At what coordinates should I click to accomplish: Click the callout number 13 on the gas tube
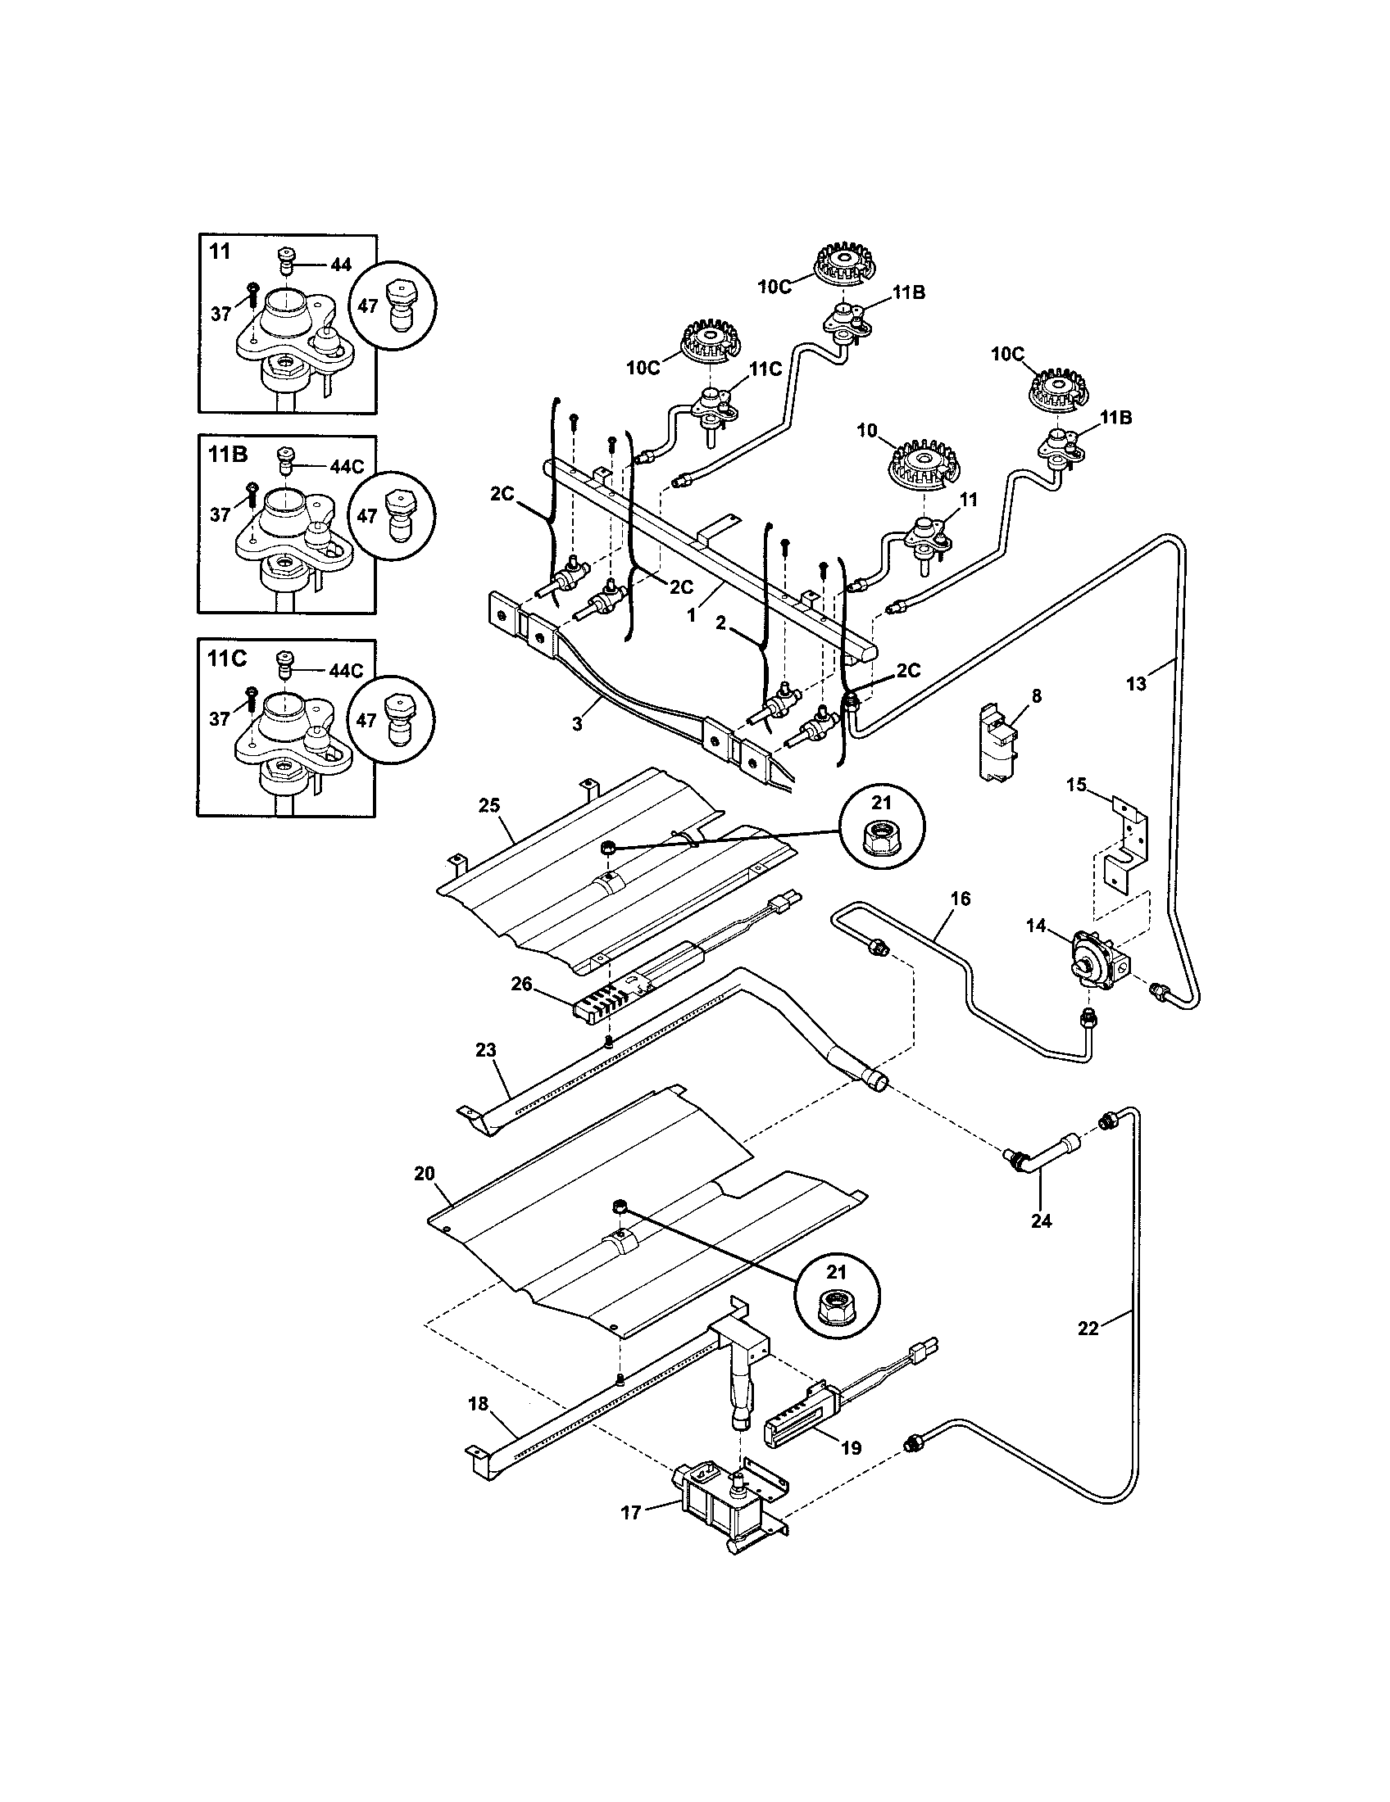(1136, 684)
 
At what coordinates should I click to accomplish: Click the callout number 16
(960, 898)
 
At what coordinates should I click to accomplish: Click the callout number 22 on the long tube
(1088, 1329)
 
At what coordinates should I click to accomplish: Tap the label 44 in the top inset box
(341, 264)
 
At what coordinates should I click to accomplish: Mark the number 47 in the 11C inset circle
(368, 719)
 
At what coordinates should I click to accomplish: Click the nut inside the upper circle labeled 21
(883, 840)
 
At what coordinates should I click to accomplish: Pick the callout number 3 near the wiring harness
(577, 723)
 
